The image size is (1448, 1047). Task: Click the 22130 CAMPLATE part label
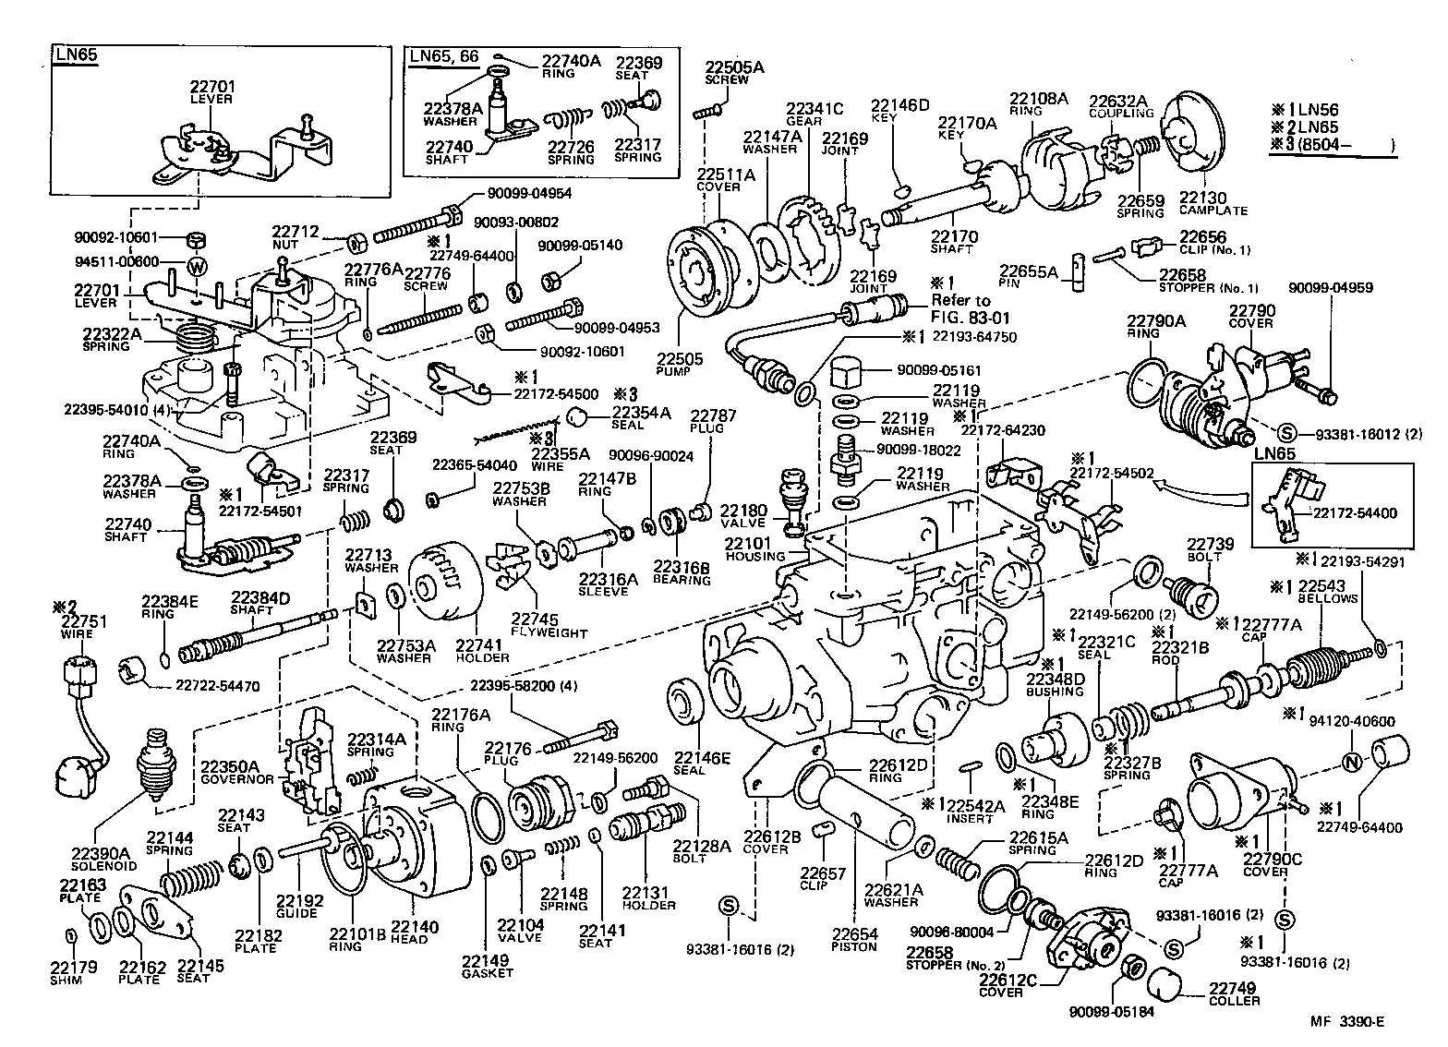[x=1213, y=203]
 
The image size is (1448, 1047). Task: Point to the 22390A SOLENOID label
[x=103, y=859]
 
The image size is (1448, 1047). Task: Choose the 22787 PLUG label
[x=713, y=423]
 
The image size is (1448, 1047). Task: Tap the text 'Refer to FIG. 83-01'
[x=960, y=307]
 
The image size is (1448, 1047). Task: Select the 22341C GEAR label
[x=814, y=114]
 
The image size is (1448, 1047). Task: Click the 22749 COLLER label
[x=1234, y=993]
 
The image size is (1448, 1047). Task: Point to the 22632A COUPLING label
[x=1121, y=106]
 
